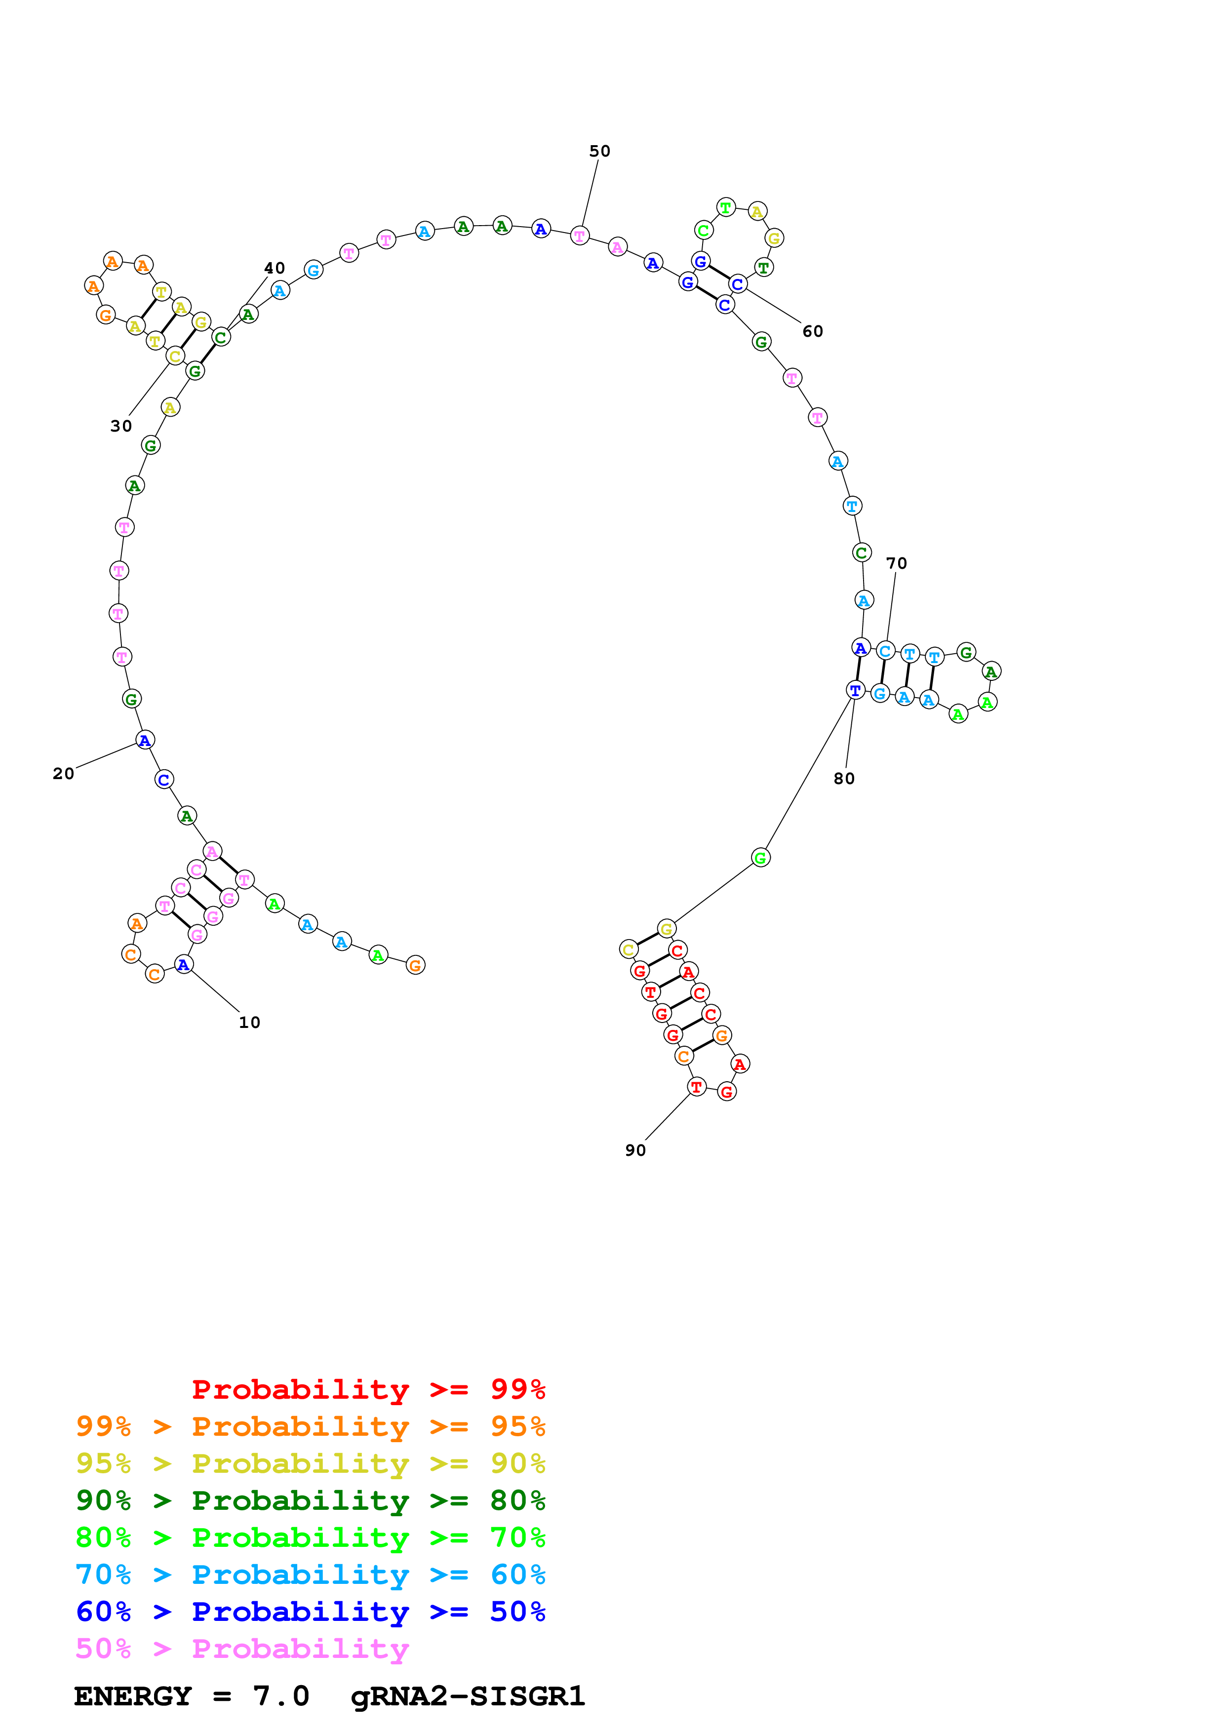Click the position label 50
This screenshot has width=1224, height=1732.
click(x=599, y=151)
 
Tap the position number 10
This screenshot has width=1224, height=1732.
click(x=250, y=1022)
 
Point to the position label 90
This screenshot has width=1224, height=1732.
click(x=635, y=1150)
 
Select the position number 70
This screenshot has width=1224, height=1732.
click(x=896, y=563)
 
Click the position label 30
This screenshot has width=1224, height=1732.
click(x=120, y=426)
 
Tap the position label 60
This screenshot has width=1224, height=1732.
click(x=812, y=331)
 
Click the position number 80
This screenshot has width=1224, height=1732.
click(x=844, y=779)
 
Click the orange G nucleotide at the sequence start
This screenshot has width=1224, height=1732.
click(x=415, y=965)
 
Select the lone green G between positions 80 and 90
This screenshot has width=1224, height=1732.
click(x=760, y=858)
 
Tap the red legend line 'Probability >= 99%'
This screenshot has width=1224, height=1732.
click(x=368, y=1389)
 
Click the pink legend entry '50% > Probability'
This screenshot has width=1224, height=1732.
click(x=241, y=1649)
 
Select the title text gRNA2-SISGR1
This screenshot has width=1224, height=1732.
click(x=468, y=1696)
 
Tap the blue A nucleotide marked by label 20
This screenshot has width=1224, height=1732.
click(x=145, y=740)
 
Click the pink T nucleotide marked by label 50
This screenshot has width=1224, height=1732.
click(x=579, y=236)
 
